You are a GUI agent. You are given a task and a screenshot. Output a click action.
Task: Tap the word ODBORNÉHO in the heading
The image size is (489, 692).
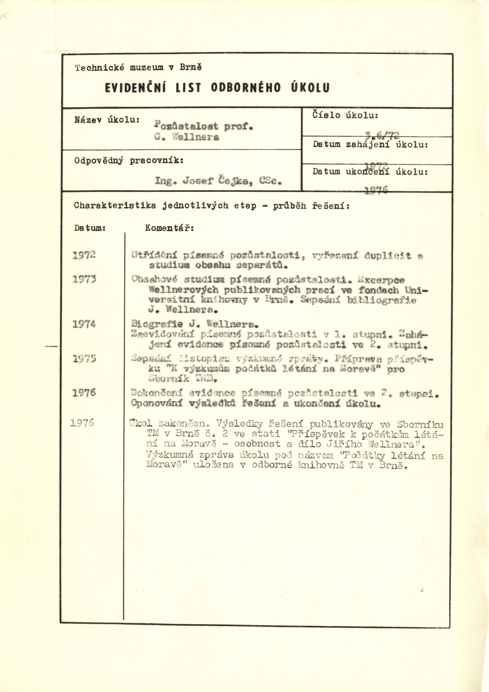pyautogui.click(x=246, y=88)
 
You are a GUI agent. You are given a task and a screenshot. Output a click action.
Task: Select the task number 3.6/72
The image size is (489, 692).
pyautogui.click(x=381, y=136)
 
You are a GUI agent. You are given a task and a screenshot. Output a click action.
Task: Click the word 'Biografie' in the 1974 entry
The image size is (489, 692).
pyautogui.click(x=157, y=324)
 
